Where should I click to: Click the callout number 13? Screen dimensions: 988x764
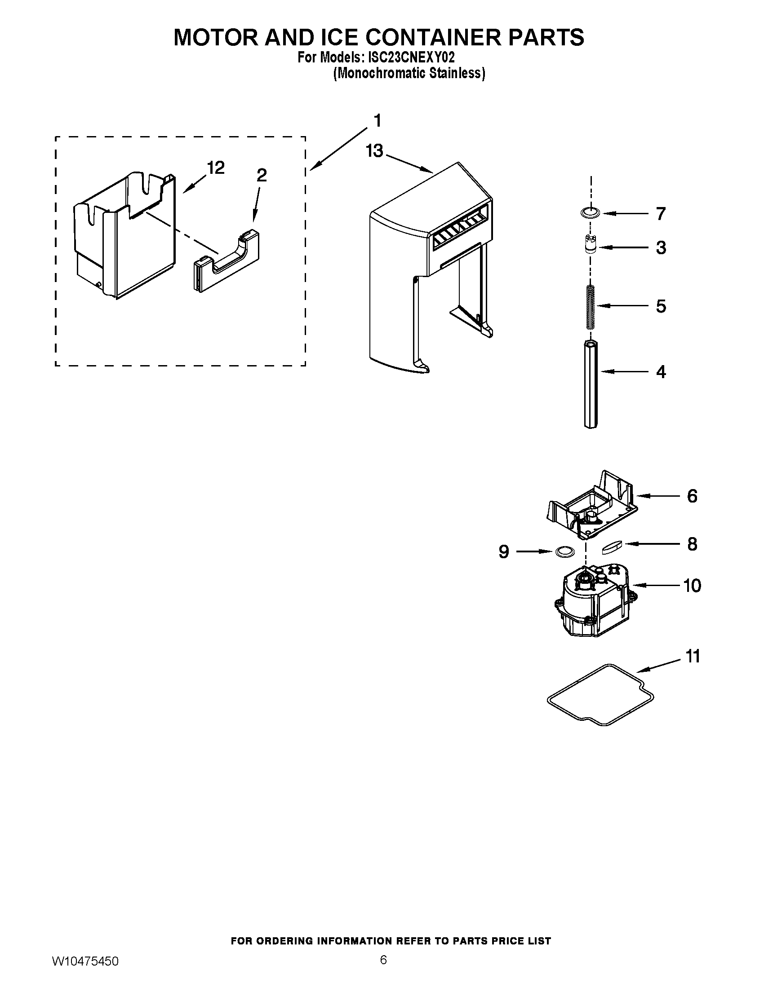(x=374, y=151)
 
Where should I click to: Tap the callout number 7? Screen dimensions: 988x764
(x=661, y=213)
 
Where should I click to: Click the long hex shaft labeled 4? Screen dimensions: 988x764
(x=590, y=384)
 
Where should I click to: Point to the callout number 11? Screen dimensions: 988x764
(x=693, y=656)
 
